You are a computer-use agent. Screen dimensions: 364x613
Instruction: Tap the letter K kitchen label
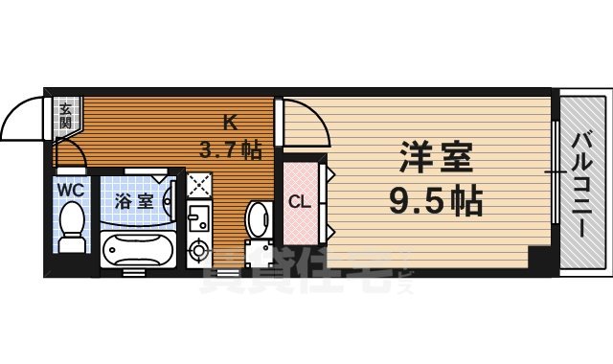tap(230, 123)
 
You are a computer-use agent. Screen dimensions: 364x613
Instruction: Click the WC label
tap(70, 189)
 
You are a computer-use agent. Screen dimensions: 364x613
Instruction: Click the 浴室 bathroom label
tap(133, 201)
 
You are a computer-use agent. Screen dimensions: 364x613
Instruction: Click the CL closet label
tap(298, 202)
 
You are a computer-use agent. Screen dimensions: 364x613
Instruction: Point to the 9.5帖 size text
tap(435, 201)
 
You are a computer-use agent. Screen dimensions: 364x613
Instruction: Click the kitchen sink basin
tap(198, 219)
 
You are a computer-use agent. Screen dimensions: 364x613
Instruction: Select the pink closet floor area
tap(299, 225)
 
